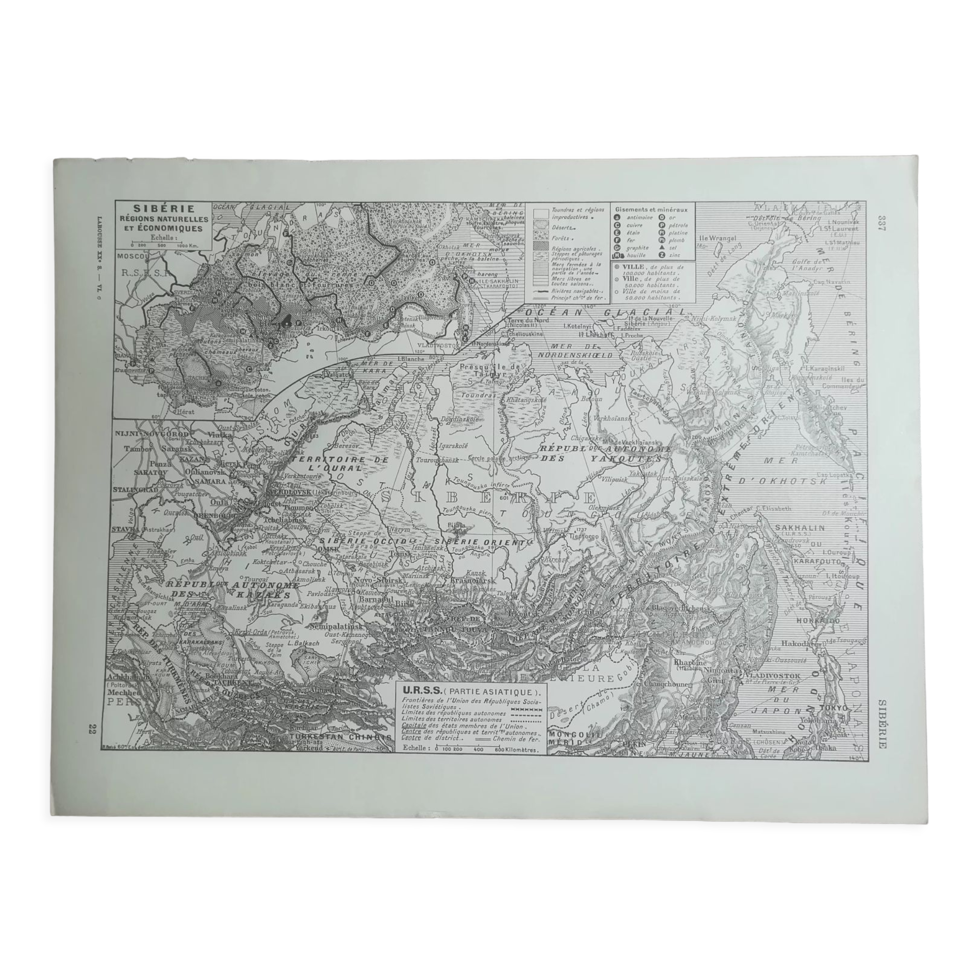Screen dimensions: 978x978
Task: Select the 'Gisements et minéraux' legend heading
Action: tap(651, 209)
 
